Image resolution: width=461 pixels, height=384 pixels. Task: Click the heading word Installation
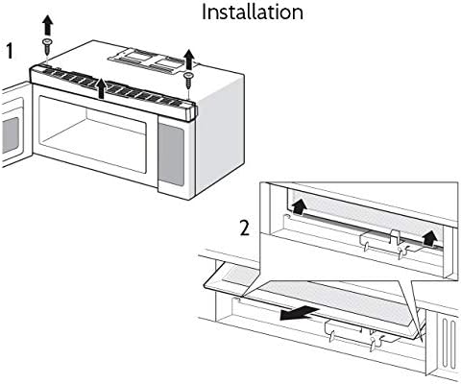point(253,12)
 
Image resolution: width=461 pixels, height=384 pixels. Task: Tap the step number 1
point(11,52)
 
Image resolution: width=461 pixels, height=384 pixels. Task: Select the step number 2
point(245,228)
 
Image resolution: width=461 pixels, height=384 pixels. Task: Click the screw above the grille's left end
point(47,47)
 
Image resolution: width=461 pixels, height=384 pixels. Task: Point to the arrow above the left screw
point(48,26)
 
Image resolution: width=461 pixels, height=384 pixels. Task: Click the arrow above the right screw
point(189,60)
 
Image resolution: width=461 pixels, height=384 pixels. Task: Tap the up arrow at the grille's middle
point(102,88)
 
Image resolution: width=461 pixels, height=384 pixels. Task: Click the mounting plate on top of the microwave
point(146,60)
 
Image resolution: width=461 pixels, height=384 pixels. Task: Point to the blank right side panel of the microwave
point(220,134)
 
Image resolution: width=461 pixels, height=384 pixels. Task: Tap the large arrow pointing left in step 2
point(299,313)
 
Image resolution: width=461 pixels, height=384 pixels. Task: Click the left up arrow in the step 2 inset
point(299,206)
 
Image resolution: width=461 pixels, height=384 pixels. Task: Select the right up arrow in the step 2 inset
point(430,238)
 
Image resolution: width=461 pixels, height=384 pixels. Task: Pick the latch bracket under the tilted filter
point(358,334)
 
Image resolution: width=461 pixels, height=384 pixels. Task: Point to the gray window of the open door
point(11,135)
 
